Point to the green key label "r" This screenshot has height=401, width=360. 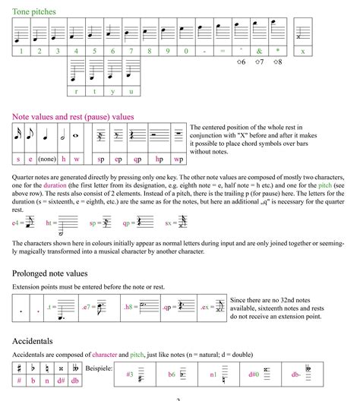(76, 91)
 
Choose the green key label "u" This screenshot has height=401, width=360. (131, 91)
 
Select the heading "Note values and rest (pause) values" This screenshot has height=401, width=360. (73, 117)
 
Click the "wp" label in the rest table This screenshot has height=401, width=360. (178, 160)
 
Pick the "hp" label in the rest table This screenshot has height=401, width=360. (159, 160)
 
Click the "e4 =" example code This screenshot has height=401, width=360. (18, 223)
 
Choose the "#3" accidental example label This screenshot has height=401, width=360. (130, 374)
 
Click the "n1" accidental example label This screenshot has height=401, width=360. (214, 374)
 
